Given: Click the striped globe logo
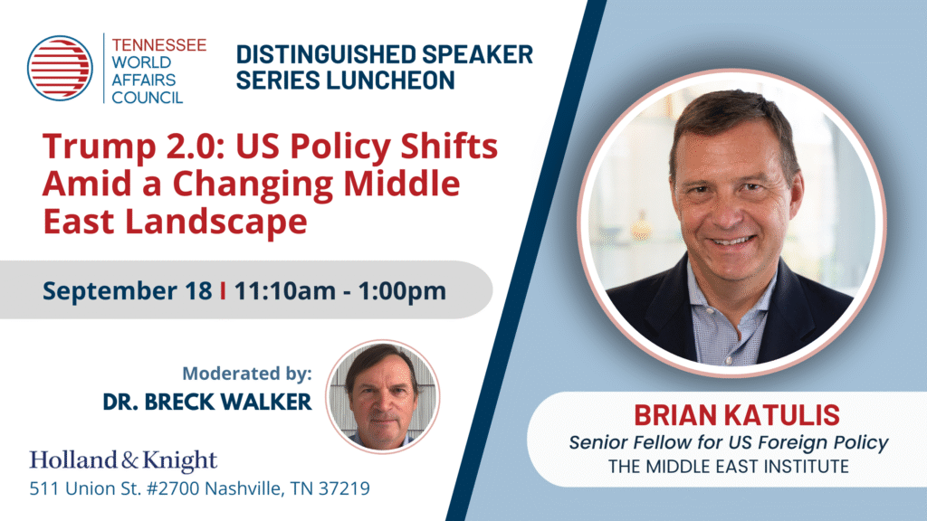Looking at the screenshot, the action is click(60, 68).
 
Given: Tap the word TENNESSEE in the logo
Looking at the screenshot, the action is click(159, 45).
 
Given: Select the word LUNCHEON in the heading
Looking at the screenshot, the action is click(391, 81).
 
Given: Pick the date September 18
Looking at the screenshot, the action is click(127, 290).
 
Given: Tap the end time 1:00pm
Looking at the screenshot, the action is click(402, 291).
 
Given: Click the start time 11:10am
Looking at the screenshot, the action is click(285, 291).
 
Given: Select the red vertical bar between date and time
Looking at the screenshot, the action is click(223, 290).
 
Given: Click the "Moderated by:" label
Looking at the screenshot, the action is click(247, 374).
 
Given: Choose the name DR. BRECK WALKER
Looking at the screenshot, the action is click(207, 403).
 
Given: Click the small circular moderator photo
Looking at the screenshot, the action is click(383, 396).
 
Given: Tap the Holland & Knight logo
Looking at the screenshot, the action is click(123, 460).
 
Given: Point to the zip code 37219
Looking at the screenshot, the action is click(344, 488).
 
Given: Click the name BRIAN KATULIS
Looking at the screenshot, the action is click(737, 415).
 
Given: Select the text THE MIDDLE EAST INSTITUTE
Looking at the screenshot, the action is click(729, 467).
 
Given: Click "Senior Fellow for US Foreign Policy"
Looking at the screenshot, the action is click(729, 442).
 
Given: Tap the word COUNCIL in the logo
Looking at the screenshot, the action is click(148, 98).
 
